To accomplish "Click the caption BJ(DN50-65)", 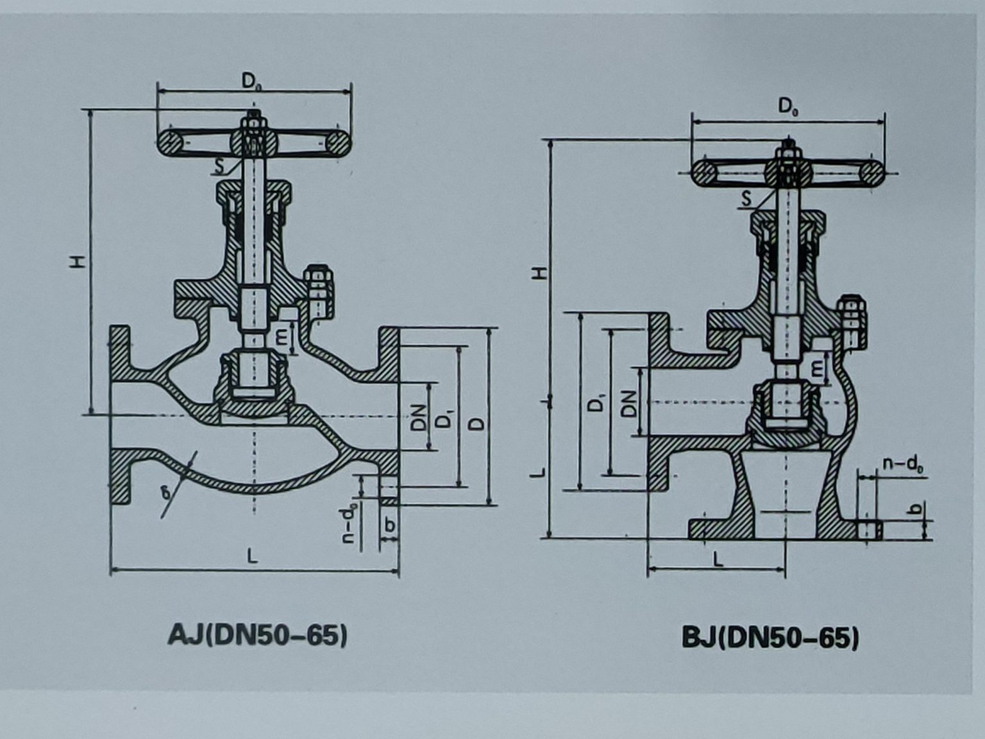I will tap(770, 638).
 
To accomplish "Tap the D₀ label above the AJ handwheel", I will tap(251, 81).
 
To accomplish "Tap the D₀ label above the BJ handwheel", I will tap(788, 106).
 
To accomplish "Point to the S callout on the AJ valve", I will tap(220, 167).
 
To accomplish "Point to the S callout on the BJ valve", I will tap(746, 200).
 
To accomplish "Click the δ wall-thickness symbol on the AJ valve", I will tap(167, 492).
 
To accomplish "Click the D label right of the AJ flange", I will tap(478, 424).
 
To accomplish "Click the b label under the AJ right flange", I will tap(389, 525).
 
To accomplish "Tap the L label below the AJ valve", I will tap(253, 556).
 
